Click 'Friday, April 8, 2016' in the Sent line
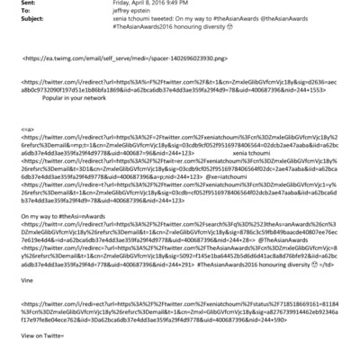coord(118,4)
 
